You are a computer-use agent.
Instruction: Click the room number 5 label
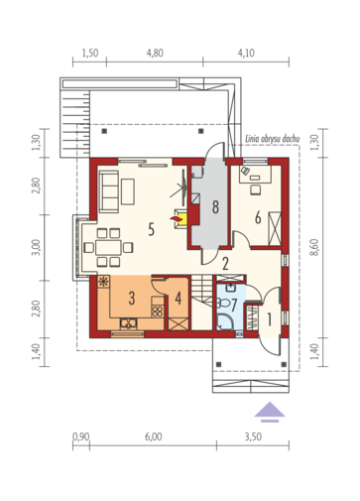coord(151,229)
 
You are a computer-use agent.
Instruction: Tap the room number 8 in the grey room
coord(215,207)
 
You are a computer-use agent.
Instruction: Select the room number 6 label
coord(258,217)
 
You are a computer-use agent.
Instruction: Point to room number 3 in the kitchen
coord(132,298)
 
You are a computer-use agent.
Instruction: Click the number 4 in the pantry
coord(179,298)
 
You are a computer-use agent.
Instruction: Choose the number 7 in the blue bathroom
coord(234,305)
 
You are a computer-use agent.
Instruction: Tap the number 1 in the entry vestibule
coord(270,319)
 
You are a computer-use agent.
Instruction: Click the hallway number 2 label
coord(225,264)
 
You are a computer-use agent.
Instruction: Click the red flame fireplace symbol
coord(175,218)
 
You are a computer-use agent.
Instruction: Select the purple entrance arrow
coord(270,412)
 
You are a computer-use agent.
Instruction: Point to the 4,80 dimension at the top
coord(155,53)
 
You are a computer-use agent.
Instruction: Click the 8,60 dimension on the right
coord(314,247)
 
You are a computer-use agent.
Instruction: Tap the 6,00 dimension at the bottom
coord(153,437)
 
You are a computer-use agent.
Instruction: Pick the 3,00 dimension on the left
coord(36,247)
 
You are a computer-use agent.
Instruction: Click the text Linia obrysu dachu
coord(273,139)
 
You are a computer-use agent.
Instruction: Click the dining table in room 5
coord(108,247)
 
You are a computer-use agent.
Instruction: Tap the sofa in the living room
coord(109,191)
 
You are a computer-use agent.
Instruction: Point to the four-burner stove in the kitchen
coord(158,312)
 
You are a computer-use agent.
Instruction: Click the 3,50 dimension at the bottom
coord(253,437)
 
